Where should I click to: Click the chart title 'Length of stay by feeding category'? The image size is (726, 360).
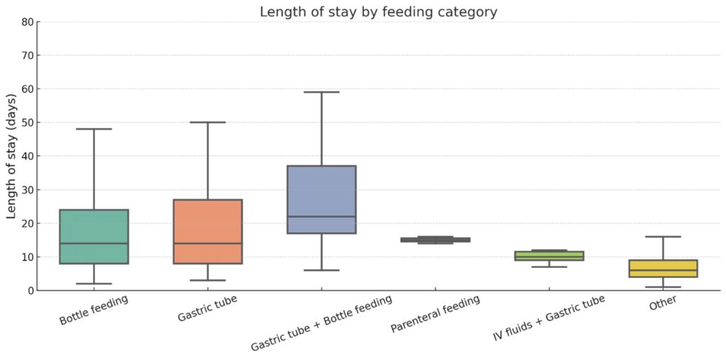(x=378, y=12)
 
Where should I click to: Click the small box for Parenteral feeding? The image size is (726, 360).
(x=435, y=240)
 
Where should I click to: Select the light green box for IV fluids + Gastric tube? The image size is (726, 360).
(x=549, y=256)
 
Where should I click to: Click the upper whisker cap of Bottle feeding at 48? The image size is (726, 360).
(x=94, y=129)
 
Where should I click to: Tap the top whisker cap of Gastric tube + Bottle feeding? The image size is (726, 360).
(x=322, y=92)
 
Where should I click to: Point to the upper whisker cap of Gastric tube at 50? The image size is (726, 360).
(x=208, y=123)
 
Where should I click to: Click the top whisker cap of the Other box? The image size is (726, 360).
(x=663, y=237)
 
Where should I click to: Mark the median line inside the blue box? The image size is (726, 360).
(x=322, y=216)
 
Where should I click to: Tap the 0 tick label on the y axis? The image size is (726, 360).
(x=30, y=291)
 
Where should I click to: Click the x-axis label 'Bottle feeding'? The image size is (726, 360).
(x=94, y=310)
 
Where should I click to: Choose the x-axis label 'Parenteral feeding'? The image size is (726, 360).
(x=435, y=314)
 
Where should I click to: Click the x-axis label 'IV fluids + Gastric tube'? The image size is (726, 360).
(x=549, y=318)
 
